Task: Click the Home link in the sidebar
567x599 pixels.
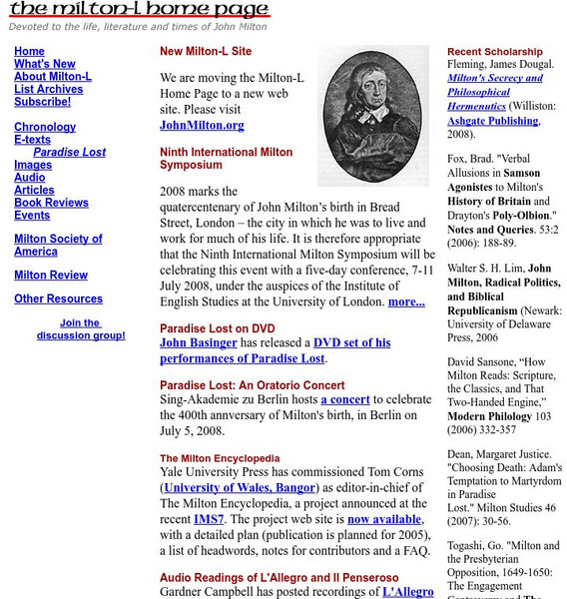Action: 29,51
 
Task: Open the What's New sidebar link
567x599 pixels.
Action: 45,64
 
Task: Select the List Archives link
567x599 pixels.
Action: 48,89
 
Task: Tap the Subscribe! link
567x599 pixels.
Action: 42,102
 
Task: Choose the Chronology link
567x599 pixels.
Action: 45,127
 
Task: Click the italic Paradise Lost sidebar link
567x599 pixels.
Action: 69,153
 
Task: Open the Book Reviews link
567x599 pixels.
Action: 51,203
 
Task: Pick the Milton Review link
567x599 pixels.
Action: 51,276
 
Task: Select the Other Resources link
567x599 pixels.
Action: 58,299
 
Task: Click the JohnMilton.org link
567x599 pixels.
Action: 202,126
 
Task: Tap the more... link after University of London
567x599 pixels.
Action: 406,301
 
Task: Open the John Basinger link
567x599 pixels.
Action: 199,342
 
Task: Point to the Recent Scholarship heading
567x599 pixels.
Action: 495,52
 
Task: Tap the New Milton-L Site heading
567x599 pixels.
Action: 206,51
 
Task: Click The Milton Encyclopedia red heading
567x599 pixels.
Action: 220,459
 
